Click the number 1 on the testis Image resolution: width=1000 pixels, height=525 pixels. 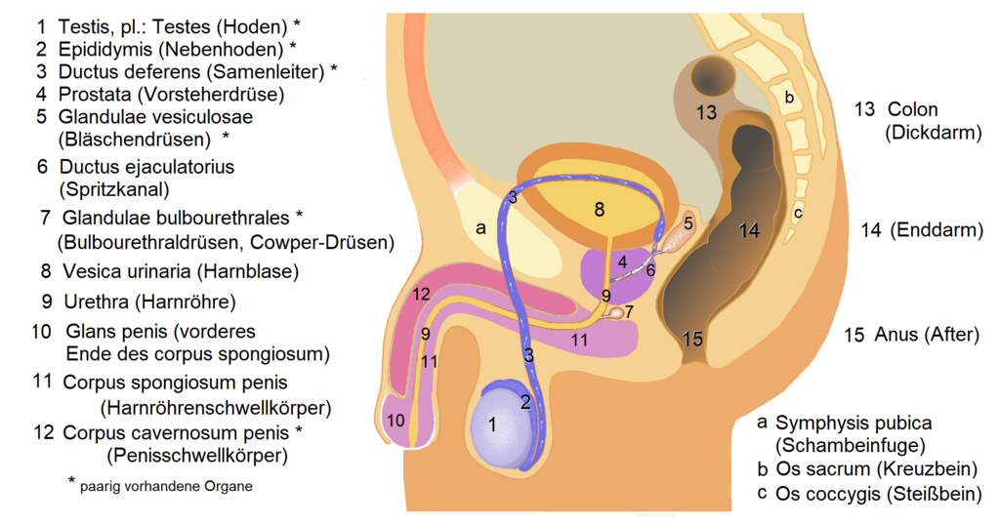pos(492,424)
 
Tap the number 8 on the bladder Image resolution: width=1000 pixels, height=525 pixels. pos(599,208)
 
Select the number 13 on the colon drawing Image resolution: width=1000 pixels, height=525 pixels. pos(706,112)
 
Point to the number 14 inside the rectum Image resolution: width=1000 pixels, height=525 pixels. pos(749,231)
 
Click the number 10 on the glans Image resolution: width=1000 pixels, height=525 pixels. pos(396,421)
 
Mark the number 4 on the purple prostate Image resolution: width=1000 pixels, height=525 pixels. pos(621,262)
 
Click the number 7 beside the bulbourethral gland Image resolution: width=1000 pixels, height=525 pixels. pos(630,311)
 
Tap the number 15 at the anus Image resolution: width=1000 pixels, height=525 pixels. pos(692,339)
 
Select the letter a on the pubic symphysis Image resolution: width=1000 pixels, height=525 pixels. pos(479,228)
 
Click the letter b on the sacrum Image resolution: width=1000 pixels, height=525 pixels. pos(790,97)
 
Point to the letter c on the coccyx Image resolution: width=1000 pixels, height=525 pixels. pos(798,211)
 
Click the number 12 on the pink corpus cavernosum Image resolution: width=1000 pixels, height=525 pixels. pos(421,294)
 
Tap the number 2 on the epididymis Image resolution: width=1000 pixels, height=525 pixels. pos(524,399)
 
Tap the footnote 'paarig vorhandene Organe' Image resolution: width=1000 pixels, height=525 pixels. pos(166,486)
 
